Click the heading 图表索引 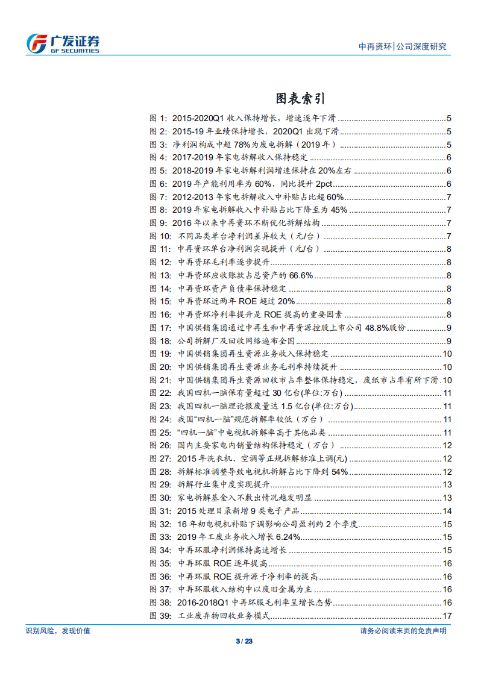pos(300,98)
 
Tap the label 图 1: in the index pos(159,119)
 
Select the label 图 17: pos(161,328)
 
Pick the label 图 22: pos(161,393)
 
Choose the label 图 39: pos(161,616)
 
